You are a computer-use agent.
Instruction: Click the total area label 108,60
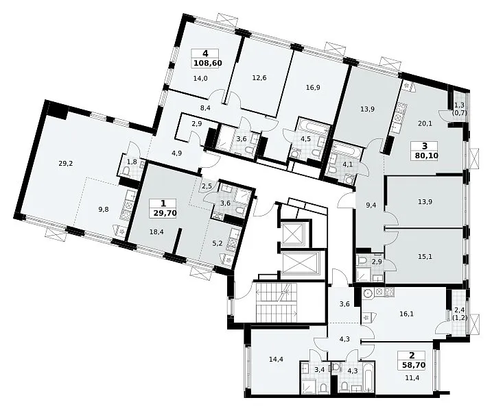[x=208, y=63]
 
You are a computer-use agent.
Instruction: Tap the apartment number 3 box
[x=425, y=146]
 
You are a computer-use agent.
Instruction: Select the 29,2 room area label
[x=66, y=163]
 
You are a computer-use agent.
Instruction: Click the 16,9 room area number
[x=313, y=88]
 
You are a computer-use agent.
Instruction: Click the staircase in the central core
[x=277, y=302]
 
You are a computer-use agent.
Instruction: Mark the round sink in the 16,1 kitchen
[x=368, y=293]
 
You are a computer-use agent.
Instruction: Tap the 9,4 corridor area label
[x=371, y=206]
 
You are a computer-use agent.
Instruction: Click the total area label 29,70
[x=165, y=214]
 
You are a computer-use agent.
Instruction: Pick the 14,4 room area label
[x=276, y=360]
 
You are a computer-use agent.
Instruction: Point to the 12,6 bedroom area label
[x=259, y=77]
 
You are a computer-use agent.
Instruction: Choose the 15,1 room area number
[x=425, y=257]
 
